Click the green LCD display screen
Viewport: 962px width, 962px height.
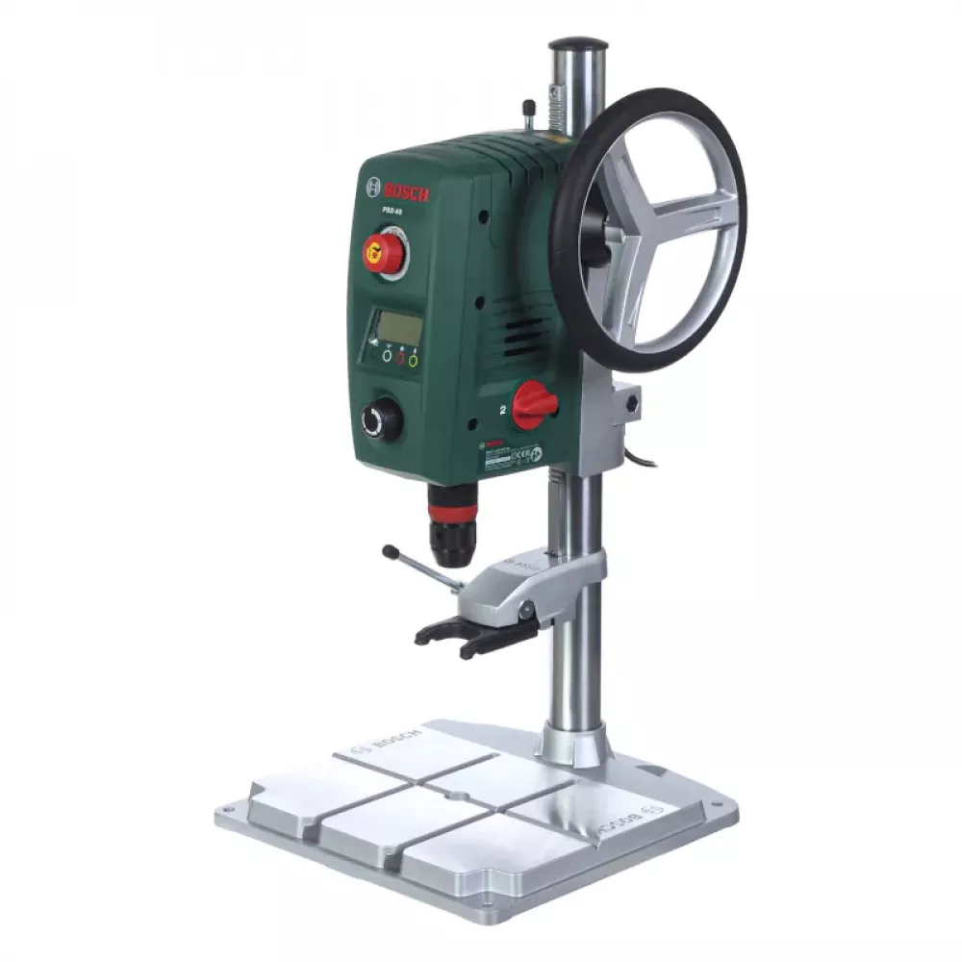399,327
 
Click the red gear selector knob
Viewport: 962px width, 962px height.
535,404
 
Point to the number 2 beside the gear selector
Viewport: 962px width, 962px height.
502,409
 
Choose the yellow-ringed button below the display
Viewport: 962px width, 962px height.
414,361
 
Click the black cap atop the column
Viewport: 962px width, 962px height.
578,43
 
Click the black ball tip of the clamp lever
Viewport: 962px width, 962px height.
390,552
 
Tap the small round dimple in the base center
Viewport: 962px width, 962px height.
459,797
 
